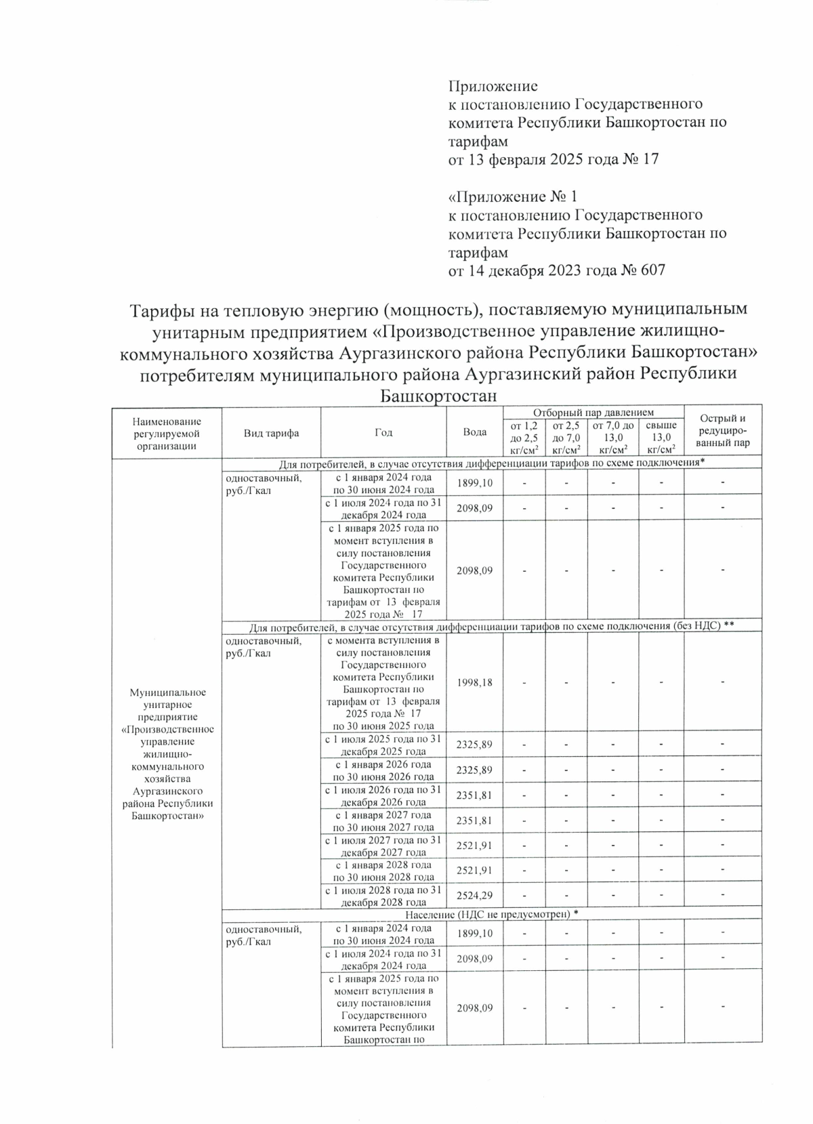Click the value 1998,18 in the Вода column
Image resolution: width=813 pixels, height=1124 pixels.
474,682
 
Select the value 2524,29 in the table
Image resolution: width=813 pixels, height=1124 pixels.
474,896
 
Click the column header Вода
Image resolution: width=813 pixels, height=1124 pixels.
474,432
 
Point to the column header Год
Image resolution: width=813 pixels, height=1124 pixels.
383,432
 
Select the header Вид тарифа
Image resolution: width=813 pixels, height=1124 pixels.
271,433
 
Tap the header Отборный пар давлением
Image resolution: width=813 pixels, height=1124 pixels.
593,412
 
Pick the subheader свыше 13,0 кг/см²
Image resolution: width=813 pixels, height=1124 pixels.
661,437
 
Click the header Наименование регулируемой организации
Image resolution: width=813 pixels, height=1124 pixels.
167,433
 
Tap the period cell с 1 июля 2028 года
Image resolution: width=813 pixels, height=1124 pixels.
383,896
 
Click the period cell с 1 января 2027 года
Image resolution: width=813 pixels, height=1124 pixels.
383,820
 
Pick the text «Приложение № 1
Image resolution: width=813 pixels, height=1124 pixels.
513,197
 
